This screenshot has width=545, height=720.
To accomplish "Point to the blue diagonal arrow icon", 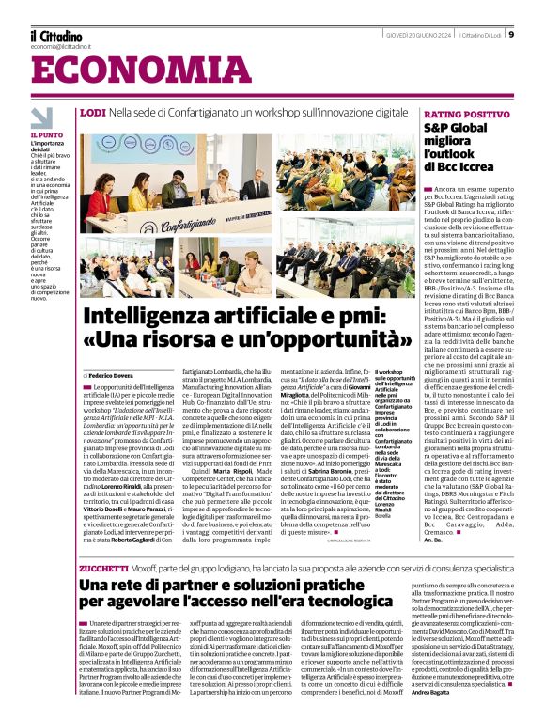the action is pos(41,117).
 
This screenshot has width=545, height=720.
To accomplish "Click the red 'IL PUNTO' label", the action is pos(47,135).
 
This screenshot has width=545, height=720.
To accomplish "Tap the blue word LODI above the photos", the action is pos(93,112).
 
